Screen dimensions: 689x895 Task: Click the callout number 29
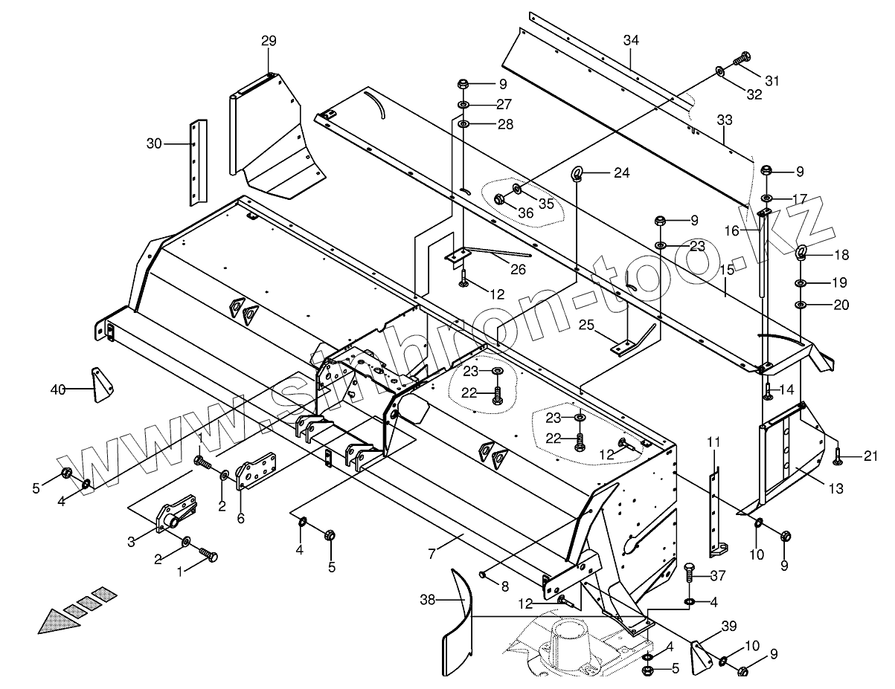269,42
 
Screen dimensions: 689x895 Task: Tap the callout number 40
58,389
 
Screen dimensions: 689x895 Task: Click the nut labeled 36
501,198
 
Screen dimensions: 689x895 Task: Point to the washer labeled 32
720,71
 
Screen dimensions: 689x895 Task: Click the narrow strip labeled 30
198,162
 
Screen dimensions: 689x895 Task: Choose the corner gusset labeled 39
702,656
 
